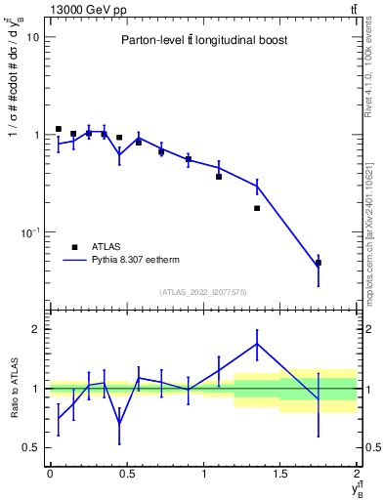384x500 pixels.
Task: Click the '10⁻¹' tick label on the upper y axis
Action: click(x=29, y=232)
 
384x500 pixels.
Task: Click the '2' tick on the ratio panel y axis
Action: click(x=35, y=329)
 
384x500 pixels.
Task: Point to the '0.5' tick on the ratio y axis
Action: click(x=31, y=447)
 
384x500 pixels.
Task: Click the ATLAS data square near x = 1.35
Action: click(x=257, y=208)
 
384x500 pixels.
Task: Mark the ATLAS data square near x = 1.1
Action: click(x=219, y=177)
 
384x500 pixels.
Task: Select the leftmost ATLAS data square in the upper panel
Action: click(x=59, y=129)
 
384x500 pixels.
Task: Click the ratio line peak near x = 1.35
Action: click(x=257, y=344)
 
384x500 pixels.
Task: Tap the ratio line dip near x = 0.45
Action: click(x=119, y=423)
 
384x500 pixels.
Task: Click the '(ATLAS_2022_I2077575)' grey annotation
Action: click(x=204, y=291)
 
